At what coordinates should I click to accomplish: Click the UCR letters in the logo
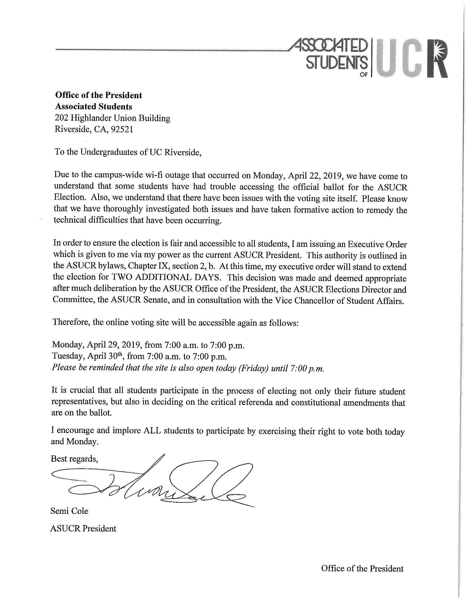pos(412,59)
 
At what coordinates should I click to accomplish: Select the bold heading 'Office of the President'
pos(98,95)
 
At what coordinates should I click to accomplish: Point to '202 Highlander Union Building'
pos(112,118)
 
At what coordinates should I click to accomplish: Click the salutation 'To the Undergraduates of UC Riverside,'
pos(128,152)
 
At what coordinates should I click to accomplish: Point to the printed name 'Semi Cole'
pos(69,511)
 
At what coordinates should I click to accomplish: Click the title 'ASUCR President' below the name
pos(83,528)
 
